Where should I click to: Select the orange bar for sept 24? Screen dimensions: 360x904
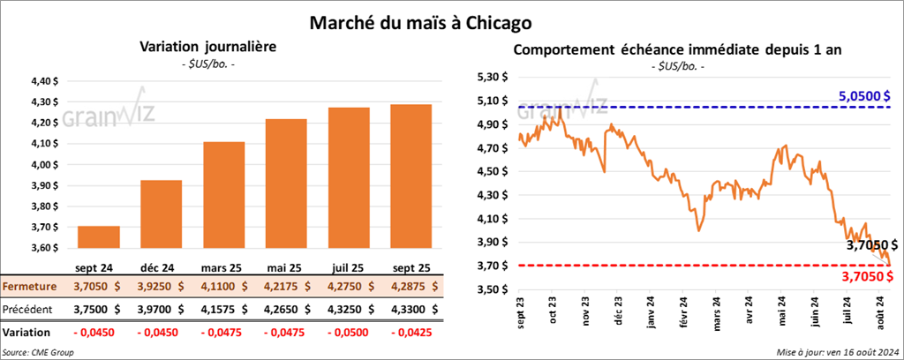(x=99, y=238)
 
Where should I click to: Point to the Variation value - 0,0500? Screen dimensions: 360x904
(x=349, y=333)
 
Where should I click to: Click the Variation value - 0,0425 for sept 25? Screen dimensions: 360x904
(x=411, y=333)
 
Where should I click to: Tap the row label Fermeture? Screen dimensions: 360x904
(x=31, y=287)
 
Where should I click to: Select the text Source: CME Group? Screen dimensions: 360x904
(x=38, y=352)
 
